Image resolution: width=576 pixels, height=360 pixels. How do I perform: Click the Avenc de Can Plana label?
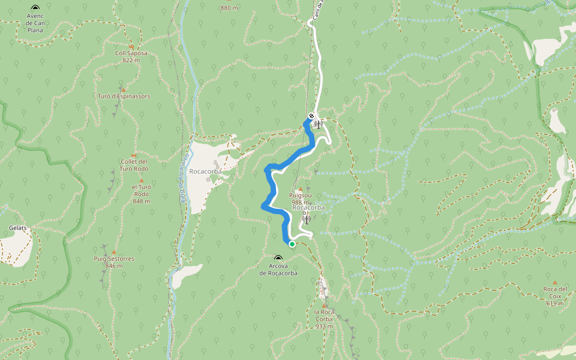[x=35, y=23]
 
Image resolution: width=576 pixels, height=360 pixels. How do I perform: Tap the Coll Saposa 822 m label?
[x=131, y=56]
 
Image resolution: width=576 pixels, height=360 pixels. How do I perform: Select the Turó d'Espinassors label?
[x=124, y=96]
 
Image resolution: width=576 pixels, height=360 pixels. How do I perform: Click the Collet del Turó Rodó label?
[x=134, y=165]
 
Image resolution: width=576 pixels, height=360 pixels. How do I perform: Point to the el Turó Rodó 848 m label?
[x=141, y=194]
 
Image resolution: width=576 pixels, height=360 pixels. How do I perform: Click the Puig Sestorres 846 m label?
[x=113, y=262]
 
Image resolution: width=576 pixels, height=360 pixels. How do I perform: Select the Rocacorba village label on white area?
[x=205, y=171]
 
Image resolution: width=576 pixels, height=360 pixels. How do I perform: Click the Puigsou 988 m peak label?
[x=300, y=199]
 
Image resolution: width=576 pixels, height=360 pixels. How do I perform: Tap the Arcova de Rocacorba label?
[x=278, y=269]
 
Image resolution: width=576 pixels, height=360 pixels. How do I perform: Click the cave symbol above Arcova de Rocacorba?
[x=278, y=258]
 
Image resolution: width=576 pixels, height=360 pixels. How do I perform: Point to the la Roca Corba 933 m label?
[x=324, y=319]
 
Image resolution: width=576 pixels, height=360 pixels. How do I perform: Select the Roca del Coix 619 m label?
[x=554, y=296]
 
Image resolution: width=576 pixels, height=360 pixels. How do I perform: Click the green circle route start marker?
[x=292, y=244]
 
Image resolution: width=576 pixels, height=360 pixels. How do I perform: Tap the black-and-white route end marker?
[x=311, y=116]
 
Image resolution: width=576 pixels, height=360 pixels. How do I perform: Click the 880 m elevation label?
[x=229, y=8]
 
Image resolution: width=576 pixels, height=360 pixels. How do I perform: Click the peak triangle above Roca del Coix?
[x=554, y=283]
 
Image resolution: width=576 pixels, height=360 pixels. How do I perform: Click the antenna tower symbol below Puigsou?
[x=306, y=218]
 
